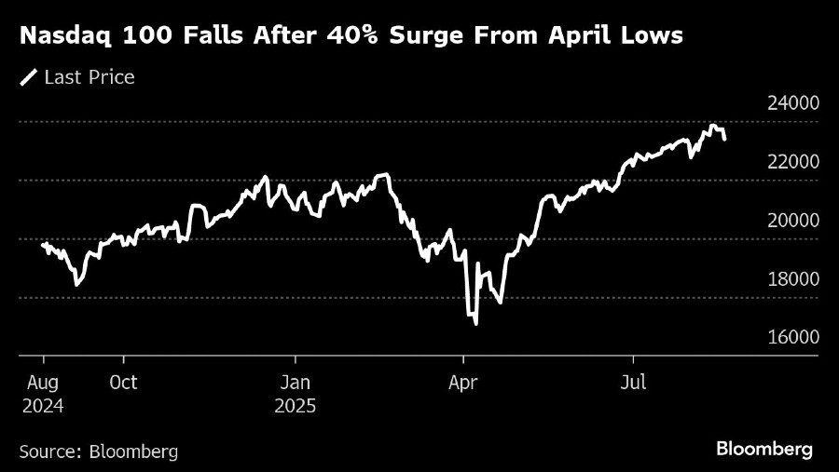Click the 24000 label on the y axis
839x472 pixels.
coord(793,103)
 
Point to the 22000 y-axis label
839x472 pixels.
coord(793,162)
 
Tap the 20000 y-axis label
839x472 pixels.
coord(793,221)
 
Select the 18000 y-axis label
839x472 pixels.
coord(793,279)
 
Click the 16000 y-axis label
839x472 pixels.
coord(793,338)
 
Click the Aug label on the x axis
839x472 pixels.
coord(44,383)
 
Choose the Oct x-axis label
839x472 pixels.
coord(123,383)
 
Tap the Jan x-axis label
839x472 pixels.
coord(295,383)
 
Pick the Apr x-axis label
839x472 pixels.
coord(463,383)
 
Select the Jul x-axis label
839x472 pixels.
coord(633,383)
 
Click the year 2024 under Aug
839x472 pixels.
coord(44,407)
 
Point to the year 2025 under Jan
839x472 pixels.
coord(296,407)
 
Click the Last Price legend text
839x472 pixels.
coord(89,77)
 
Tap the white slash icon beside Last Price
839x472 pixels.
coord(29,77)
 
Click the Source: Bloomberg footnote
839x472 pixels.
coord(98,452)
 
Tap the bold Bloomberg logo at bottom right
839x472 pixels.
coord(764,449)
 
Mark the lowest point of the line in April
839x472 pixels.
coord(475,324)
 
